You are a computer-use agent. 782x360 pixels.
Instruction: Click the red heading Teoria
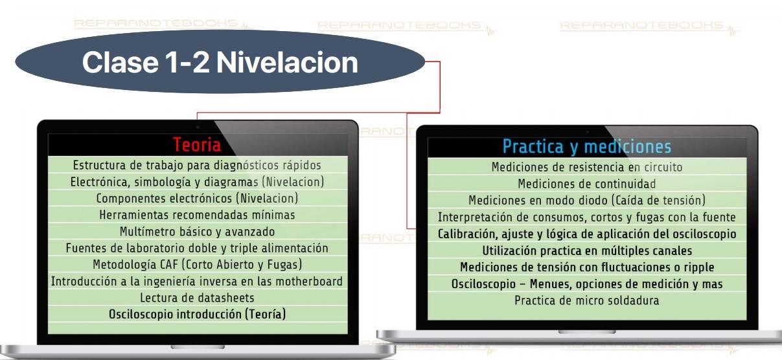coord(197,145)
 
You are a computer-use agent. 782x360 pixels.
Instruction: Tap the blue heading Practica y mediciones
coord(587,146)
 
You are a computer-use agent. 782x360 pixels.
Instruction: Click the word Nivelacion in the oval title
coord(287,62)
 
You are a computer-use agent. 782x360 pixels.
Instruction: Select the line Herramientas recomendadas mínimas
coord(197,215)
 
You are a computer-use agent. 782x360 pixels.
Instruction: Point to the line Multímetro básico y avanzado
coord(197,232)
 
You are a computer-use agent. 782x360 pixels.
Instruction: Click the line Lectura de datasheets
coord(197,298)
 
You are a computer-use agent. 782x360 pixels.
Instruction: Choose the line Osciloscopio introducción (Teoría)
coord(197,314)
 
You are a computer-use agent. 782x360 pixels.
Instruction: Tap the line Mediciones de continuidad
coord(587,184)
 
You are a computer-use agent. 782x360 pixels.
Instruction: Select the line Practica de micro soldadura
coord(587,300)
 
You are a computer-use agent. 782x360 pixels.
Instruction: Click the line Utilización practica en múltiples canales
coord(587,251)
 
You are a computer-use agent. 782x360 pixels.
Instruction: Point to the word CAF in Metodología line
coord(169,264)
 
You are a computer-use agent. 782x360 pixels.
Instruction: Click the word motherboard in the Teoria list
coord(309,281)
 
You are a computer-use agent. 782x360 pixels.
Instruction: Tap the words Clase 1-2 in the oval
coord(146,62)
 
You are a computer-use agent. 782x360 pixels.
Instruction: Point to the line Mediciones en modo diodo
coord(587,201)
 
